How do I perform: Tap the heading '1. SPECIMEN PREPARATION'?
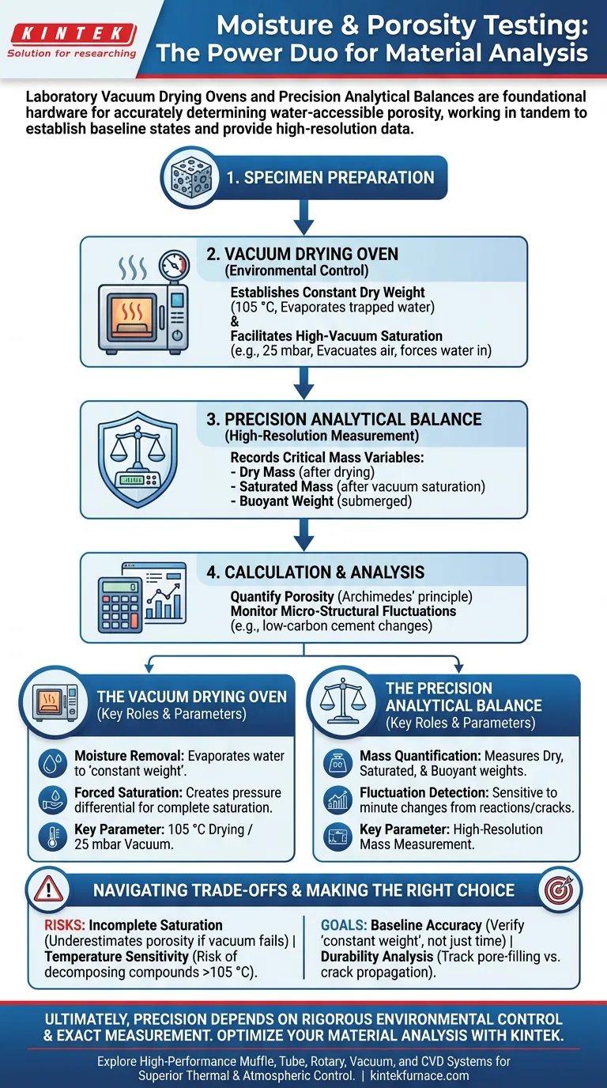click(330, 177)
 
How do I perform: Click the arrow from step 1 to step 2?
click(303, 217)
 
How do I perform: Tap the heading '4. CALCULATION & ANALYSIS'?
click(324, 572)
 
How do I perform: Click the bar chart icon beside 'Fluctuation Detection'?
click(338, 799)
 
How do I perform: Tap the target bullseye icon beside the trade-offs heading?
click(558, 890)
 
